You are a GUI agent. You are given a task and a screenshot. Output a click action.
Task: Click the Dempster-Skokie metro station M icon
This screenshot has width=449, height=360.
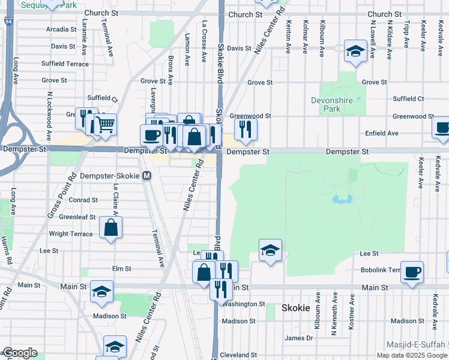146,176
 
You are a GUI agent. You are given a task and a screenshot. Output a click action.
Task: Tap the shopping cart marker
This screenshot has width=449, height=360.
105,124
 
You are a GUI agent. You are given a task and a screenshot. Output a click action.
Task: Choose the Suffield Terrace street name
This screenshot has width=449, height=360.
65,64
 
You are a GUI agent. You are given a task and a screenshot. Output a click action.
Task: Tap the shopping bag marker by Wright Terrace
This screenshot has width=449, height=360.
111,227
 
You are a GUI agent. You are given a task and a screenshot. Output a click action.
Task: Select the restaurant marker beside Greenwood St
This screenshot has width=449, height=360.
246,128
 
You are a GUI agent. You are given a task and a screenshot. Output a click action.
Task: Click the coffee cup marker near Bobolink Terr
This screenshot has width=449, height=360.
412,271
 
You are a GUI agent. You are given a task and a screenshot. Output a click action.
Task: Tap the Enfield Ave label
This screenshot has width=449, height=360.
382,133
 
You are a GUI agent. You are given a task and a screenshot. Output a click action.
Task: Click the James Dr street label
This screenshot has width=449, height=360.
299,338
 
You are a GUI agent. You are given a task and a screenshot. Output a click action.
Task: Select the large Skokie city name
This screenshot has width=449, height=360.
295,308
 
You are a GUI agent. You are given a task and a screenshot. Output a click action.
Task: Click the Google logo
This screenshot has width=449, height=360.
20,353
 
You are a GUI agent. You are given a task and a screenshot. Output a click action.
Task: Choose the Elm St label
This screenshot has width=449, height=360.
121,269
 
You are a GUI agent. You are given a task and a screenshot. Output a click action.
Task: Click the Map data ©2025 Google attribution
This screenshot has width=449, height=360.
412,355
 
